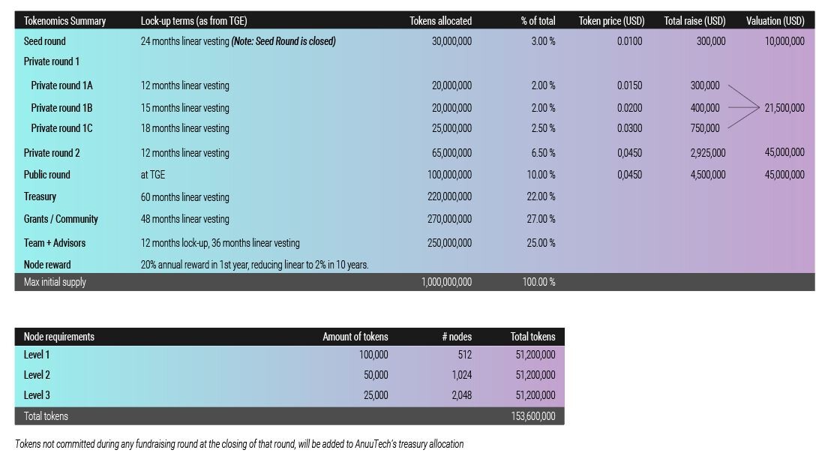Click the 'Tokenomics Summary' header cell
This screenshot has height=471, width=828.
[x=64, y=21]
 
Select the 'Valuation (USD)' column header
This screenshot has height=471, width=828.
[x=775, y=21]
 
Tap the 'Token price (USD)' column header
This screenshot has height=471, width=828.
[x=611, y=21]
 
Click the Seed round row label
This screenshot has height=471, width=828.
[x=45, y=41]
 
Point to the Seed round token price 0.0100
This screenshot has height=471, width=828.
[x=629, y=41]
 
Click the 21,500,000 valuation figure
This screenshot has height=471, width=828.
[x=784, y=108]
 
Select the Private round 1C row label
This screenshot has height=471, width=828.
[x=61, y=128]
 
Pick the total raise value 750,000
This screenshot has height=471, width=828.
[x=705, y=128]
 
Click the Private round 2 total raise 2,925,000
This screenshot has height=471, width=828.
[x=708, y=153]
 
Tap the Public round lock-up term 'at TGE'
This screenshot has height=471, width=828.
[x=152, y=175]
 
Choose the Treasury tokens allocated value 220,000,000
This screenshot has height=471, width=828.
[x=449, y=196]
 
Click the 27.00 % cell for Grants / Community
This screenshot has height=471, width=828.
[x=541, y=219]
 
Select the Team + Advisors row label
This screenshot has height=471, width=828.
[x=55, y=243]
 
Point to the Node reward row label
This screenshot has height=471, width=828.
[x=47, y=265]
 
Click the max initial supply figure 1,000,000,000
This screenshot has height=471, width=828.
[x=446, y=282]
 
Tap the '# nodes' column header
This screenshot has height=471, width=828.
[x=457, y=337]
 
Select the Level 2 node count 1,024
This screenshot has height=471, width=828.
[x=461, y=375]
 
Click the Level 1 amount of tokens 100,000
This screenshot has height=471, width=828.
[x=373, y=355]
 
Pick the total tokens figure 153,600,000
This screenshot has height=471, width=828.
[x=532, y=416]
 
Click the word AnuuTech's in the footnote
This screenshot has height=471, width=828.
[x=376, y=444]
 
